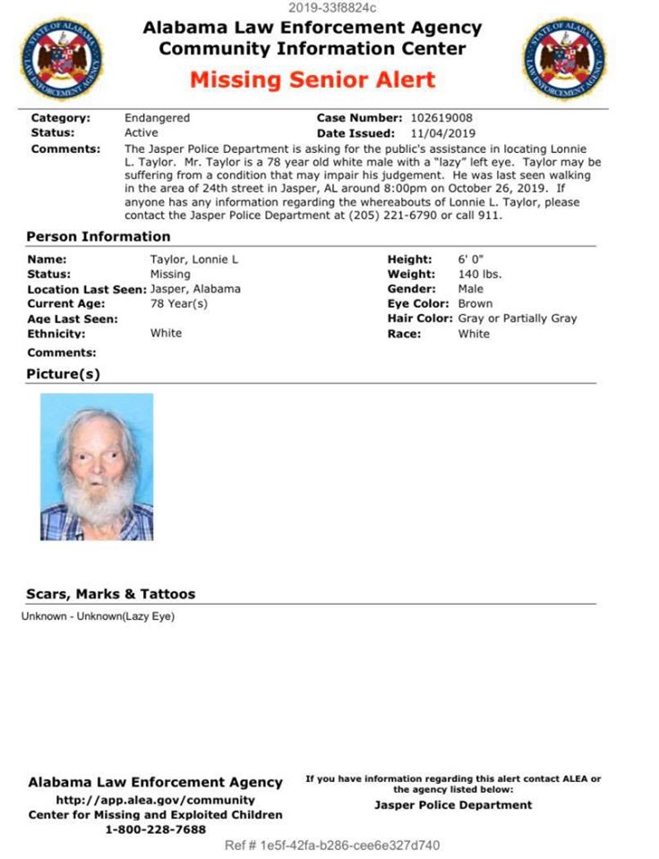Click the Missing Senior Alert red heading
coord(312,79)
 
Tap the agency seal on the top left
coord(61,58)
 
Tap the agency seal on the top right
coord(564,58)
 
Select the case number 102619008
coord(441,118)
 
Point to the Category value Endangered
coord(157,118)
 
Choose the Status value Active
coord(141,132)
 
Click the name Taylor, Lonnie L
coord(193,259)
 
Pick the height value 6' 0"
coord(470,259)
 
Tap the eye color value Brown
coord(475,303)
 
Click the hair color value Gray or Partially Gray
coord(517,319)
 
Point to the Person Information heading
coord(98,236)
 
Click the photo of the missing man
coord(97,467)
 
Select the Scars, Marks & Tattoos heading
coord(110,594)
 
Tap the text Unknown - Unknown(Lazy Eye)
coord(98,617)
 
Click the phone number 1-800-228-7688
coord(155,829)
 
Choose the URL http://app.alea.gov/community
coord(155,800)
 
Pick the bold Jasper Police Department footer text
coord(452,804)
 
